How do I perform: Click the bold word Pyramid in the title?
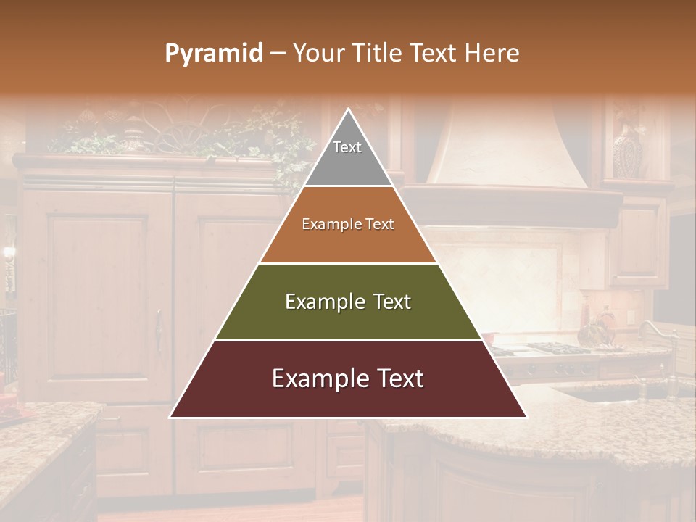(x=213, y=54)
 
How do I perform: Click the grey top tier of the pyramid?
(x=348, y=156)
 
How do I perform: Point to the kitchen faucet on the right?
(x=660, y=341)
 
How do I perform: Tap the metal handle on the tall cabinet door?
(x=159, y=330)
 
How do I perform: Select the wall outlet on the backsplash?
(x=631, y=318)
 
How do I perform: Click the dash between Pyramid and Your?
(x=278, y=54)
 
